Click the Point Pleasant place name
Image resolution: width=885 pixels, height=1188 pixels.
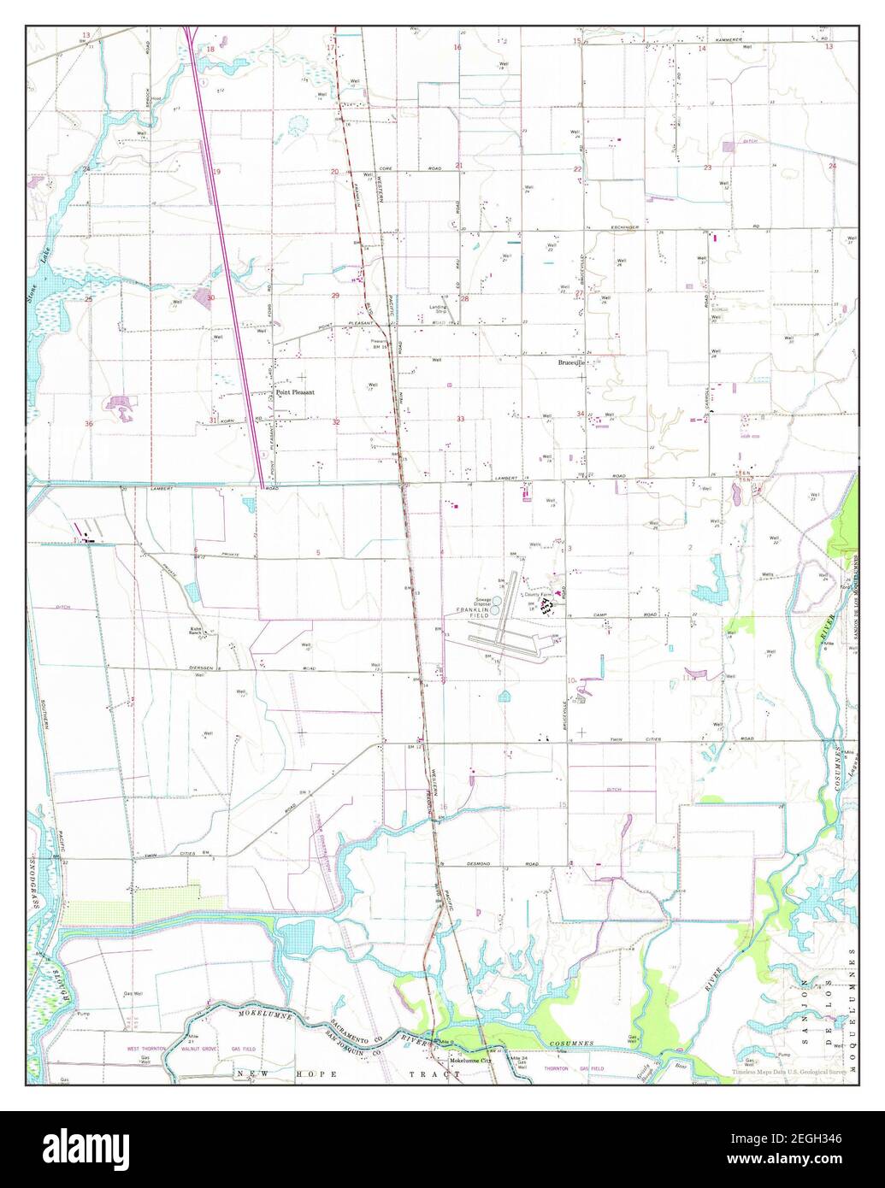coord(295,392)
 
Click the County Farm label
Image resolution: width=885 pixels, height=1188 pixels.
coord(534,595)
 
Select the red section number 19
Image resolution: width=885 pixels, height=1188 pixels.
coord(216,172)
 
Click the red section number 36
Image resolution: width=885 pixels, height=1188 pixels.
coord(88,424)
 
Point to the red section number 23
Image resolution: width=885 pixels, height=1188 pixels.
coord(707,168)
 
